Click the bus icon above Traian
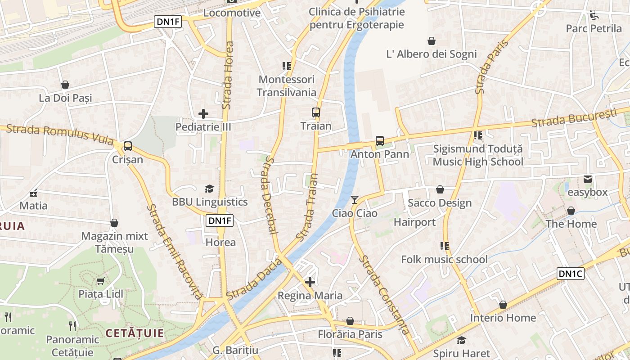[316, 112]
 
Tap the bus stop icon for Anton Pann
[380, 141]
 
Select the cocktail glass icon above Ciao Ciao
[355, 199]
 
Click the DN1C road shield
[570, 274]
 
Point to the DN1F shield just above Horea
[220, 220]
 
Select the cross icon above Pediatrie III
[203, 114]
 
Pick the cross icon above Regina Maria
[310, 282]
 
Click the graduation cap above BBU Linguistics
[209, 189]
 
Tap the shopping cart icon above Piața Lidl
[100, 281]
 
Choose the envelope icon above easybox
[587, 179]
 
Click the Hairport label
[414, 222]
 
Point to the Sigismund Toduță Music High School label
[478, 155]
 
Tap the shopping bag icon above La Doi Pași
[65, 85]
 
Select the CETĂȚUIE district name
[135, 333]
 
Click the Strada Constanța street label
[385, 295]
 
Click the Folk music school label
[444, 259]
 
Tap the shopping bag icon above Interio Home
[503, 305]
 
